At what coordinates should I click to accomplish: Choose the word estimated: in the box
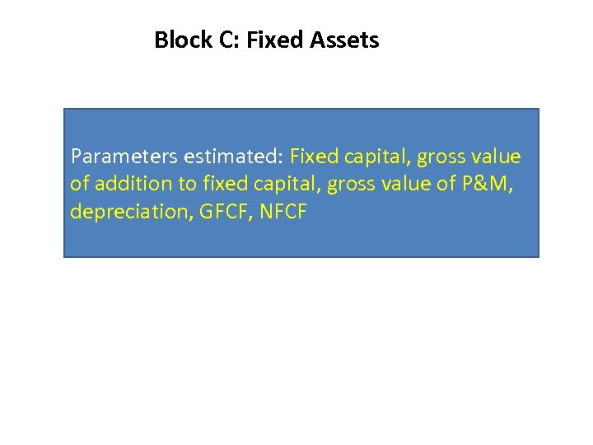tap(231, 157)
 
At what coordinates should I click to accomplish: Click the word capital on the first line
tap(367, 157)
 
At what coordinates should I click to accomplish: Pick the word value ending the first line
tap(497, 157)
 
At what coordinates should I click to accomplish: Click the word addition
tap(129, 185)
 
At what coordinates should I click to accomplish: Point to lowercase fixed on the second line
tap(213, 185)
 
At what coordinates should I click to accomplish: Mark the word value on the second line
tap(409, 185)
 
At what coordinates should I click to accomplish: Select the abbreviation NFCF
tap(282, 212)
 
